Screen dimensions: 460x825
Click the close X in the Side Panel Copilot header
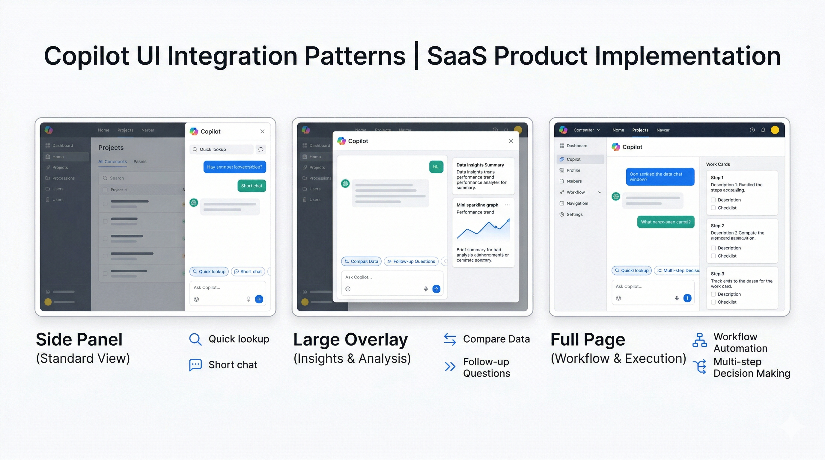point(262,131)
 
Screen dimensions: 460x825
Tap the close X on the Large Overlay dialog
point(511,141)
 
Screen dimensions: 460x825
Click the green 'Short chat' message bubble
point(252,186)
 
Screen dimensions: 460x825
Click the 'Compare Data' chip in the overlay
point(361,261)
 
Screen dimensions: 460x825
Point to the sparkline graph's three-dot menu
point(507,205)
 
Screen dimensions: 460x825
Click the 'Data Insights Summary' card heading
point(480,165)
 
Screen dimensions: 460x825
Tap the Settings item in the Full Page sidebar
point(574,214)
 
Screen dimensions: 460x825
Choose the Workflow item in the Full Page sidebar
point(576,192)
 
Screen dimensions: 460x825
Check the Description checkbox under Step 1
point(713,200)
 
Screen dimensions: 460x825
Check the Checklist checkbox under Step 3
point(713,302)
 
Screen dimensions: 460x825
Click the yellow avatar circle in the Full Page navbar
point(775,130)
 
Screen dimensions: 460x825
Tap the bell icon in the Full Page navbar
point(763,130)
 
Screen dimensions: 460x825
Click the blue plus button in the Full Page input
point(687,298)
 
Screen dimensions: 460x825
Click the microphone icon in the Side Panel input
point(248,299)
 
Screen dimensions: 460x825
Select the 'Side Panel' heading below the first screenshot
point(79,339)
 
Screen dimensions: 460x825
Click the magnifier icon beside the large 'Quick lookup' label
point(195,339)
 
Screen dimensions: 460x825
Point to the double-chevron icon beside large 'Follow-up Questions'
point(450,367)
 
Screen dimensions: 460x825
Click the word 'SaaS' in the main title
point(457,56)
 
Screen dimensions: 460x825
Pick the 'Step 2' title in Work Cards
point(717,226)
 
